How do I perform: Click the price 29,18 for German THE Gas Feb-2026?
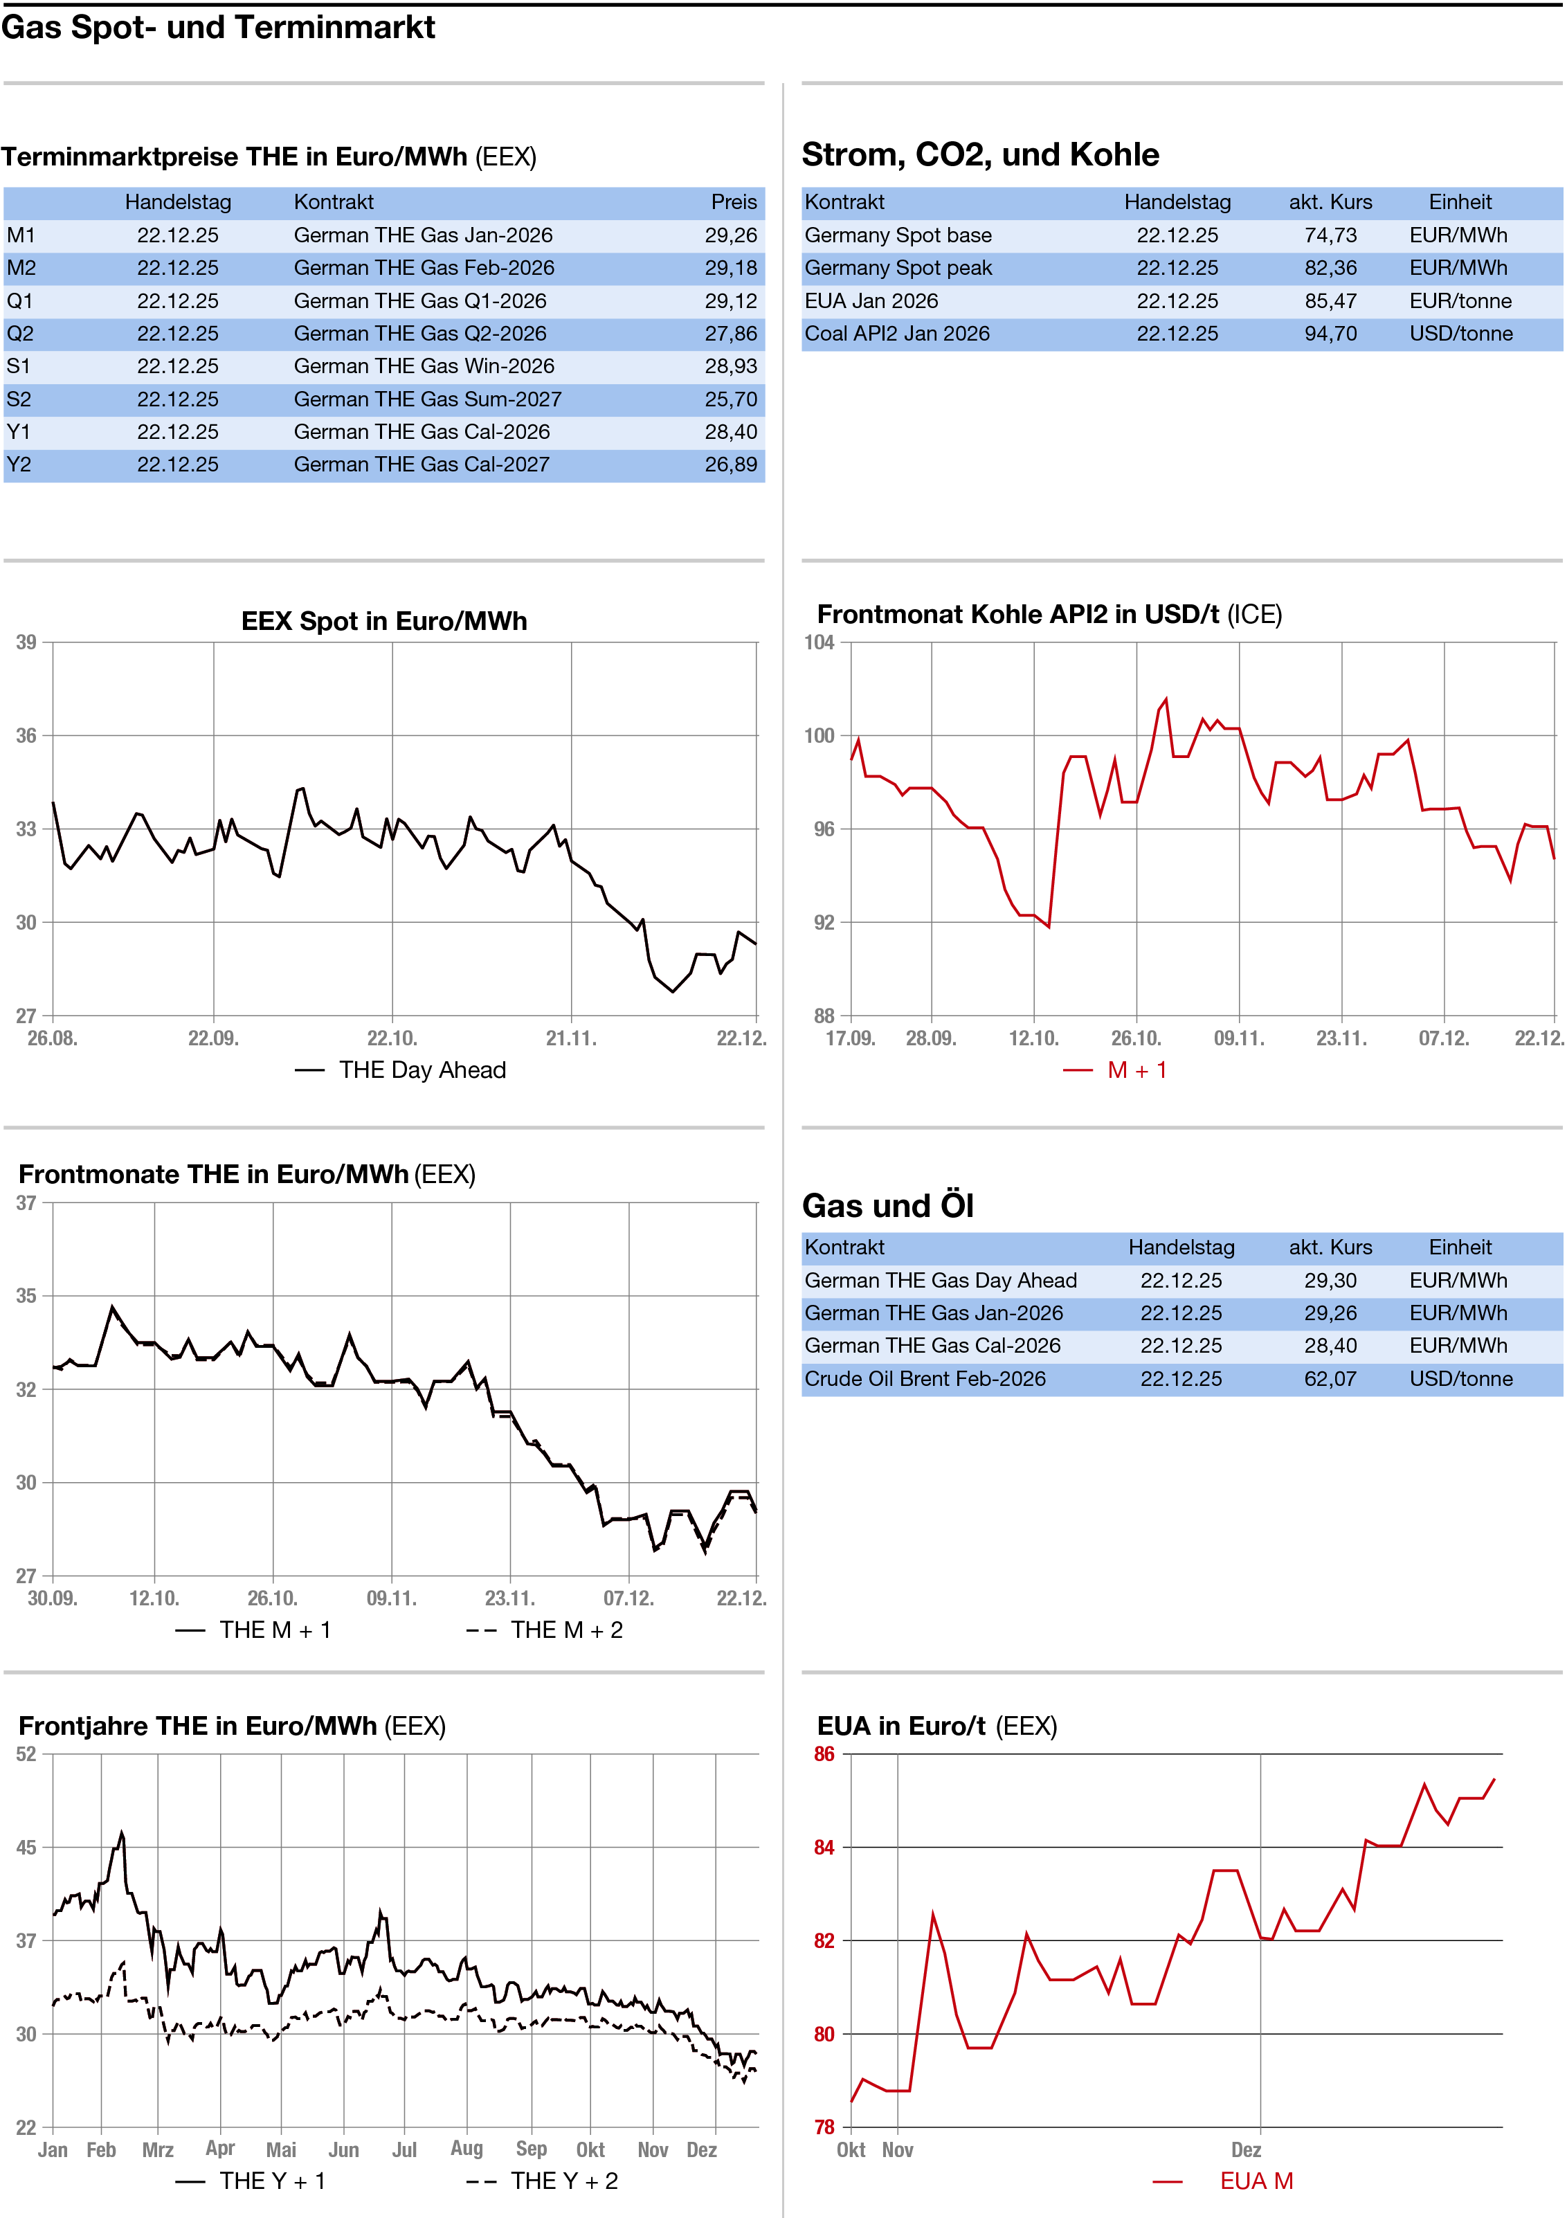(730, 268)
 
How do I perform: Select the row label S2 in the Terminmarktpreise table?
(19, 399)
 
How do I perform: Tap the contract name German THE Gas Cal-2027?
(422, 465)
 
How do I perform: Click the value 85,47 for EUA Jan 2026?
(1330, 300)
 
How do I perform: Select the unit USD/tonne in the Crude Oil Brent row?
(1460, 1378)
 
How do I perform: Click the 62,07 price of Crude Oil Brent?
(1330, 1378)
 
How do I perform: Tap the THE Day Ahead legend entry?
(422, 1070)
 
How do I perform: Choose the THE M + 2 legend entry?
(566, 1630)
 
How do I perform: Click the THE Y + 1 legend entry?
(271, 2181)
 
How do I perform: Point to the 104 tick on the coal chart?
(819, 642)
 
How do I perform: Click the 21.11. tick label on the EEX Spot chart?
(571, 1038)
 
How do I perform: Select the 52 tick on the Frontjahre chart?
(26, 1753)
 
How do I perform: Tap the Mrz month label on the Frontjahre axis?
(158, 2149)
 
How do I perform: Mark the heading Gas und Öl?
(888, 1206)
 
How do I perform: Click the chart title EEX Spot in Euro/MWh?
(383, 621)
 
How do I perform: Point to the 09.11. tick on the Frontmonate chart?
(391, 1598)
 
